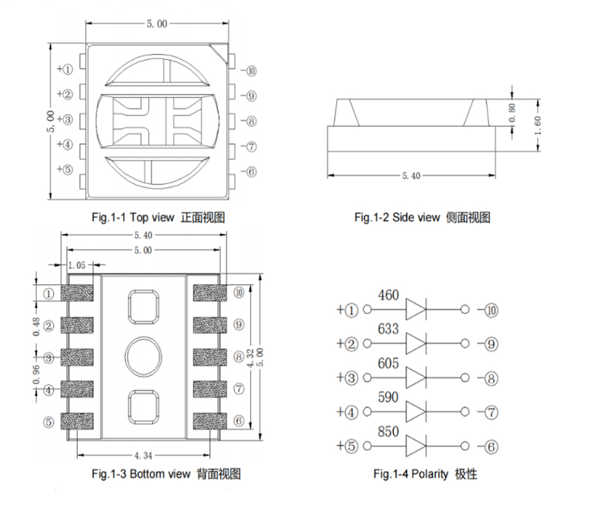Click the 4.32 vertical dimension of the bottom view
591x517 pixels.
[250, 358]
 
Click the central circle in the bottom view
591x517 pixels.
[142, 357]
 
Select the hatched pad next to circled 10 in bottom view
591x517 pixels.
[206, 293]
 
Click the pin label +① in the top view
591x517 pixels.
[65, 69]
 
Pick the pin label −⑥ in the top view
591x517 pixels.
[249, 171]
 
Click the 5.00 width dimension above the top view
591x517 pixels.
[157, 24]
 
